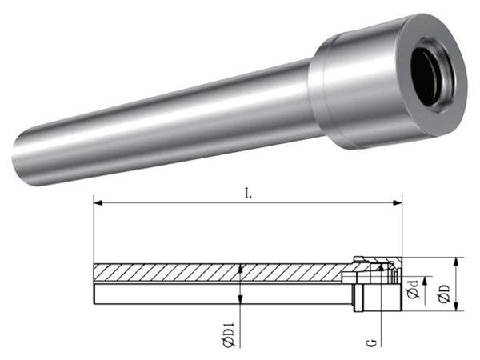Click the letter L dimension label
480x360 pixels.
click(248, 193)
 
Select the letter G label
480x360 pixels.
click(372, 342)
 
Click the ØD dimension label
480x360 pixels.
click(444, 294)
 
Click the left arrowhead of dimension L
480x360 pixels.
click(98, 202)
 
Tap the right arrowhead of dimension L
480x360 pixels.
click(398, 202)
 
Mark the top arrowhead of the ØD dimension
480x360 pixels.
click(456, 262)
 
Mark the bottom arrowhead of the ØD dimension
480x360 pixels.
click(456, 307)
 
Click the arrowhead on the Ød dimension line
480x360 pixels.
click(425, 281)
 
